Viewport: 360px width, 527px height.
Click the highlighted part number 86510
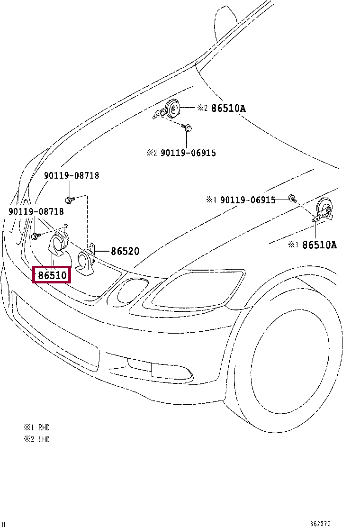[52, 275]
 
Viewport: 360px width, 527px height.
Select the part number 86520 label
[125, 251]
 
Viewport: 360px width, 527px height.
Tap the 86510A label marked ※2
[228, 108]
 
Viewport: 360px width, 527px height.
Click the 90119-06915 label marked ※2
[188, 153]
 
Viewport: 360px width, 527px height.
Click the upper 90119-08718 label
[72, 175]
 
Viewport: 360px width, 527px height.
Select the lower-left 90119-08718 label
[36, 211]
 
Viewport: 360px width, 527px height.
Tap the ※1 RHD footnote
[36, 427]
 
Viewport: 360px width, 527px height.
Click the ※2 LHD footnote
[36, 439]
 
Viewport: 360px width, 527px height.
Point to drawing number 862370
[334, 524]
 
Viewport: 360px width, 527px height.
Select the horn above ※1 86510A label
[324, 207]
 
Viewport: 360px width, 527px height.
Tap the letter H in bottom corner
[4, 524]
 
